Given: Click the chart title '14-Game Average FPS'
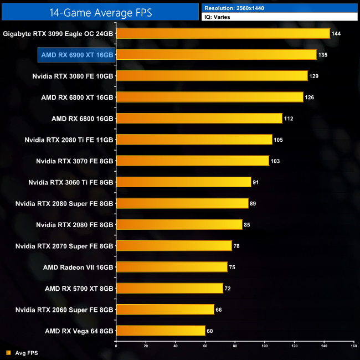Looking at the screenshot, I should pyautogui.click(x=100, y=11).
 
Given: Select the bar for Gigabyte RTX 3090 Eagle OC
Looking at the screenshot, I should pyautogui.click(x=223, y=34).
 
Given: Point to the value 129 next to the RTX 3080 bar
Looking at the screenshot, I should pyautogui.click(x=314, y=76).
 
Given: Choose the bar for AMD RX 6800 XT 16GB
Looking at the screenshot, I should pyautogui.click(x=209, y=97).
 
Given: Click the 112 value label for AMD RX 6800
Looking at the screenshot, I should pyautogui.click(x=289, y=119).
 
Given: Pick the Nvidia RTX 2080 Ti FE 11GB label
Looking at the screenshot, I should pyautogui.click(x=69, y=140).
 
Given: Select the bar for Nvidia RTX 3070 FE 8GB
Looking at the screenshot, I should pyautogui.click(x=192, y=161).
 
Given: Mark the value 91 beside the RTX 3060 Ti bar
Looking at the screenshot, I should pyautogui.click(x=256, y=182).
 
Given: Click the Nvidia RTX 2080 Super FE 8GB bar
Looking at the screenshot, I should pyautogui.click(x=182, y=203).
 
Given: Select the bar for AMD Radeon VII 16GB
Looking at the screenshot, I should pyautogui.click(x=171, y=267).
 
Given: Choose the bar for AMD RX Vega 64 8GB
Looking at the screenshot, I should pyautogui.click(x=160, y=331).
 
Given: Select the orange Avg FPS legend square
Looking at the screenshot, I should pyautogui.click(x=8, y=352).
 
